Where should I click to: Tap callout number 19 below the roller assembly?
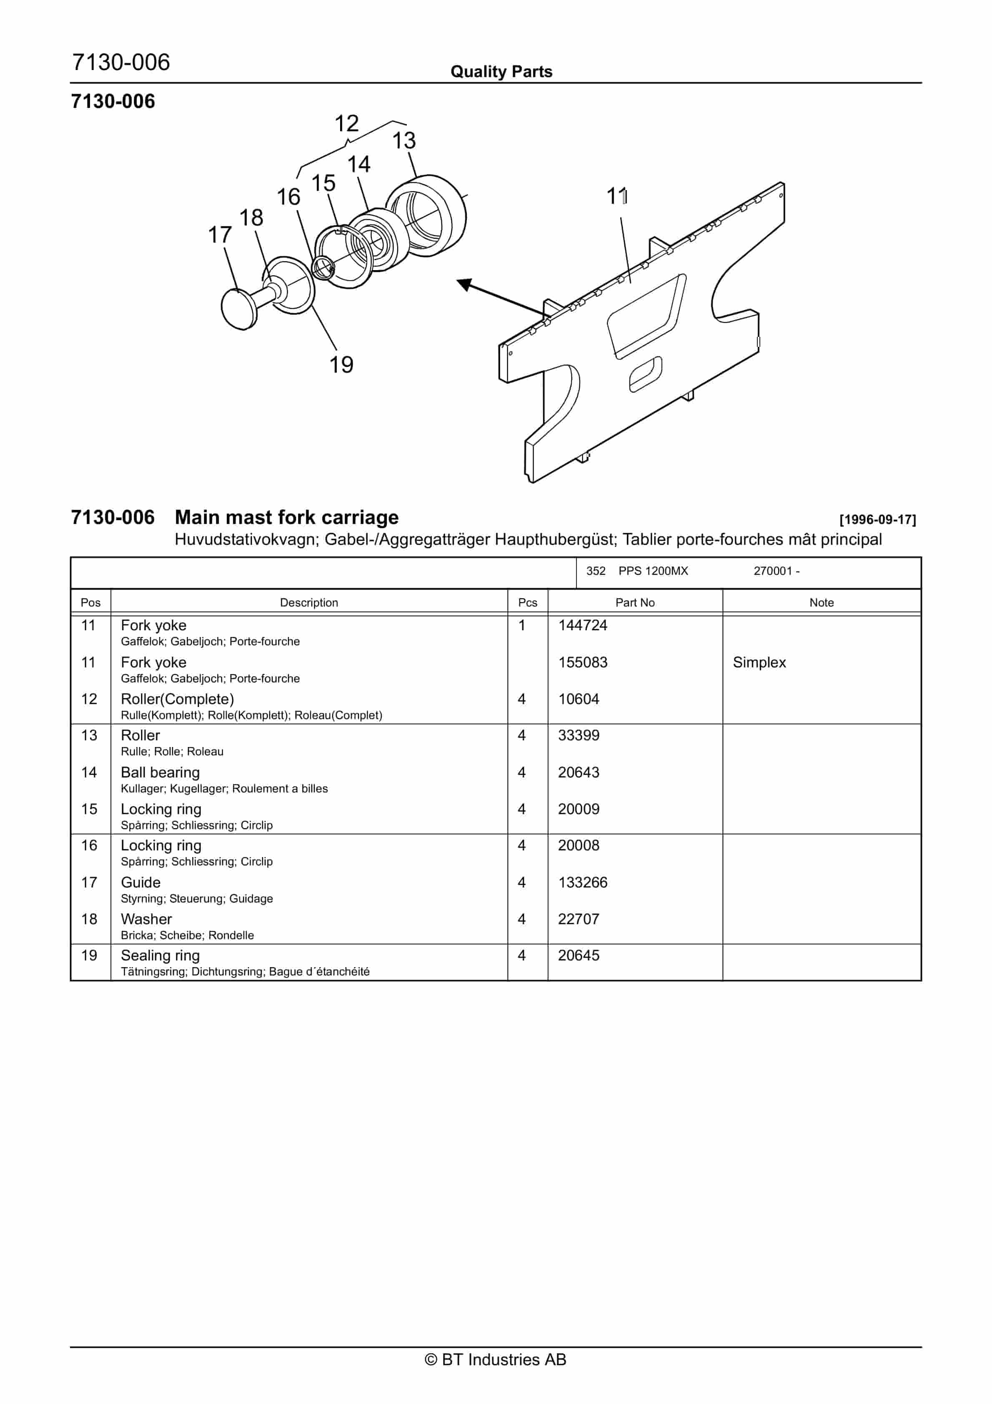[x=341, y=365]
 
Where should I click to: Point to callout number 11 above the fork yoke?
[x=616, y=196]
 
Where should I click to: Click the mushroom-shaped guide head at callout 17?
[x=238, y=309]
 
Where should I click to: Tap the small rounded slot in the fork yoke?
[x=645, y=374]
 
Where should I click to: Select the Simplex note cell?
[x=759, y=662]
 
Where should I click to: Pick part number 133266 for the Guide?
[x=582, y=883]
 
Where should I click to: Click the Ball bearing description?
[x=160, y=772]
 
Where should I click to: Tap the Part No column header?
[x=634, y=602]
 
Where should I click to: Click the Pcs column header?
[x=527, y=602]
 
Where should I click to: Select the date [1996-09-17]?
[x=877, y=520]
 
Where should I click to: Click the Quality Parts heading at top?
[x=501, y=72]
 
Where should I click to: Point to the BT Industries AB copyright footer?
[x=496, y=1359]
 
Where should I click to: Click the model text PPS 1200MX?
[x=653, y=571]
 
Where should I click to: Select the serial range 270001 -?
[x=776, y=571]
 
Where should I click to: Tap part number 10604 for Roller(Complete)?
[x=578, y=699]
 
